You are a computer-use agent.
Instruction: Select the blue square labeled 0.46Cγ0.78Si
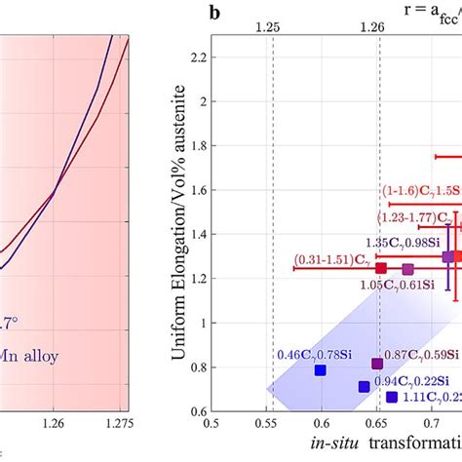pyautogui.click(x=320, y=370)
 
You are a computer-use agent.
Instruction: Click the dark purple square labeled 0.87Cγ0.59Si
pyautogui.click(x=377, y=364)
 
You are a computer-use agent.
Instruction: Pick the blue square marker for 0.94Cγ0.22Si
pyautogui.click(x=364, y=387)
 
